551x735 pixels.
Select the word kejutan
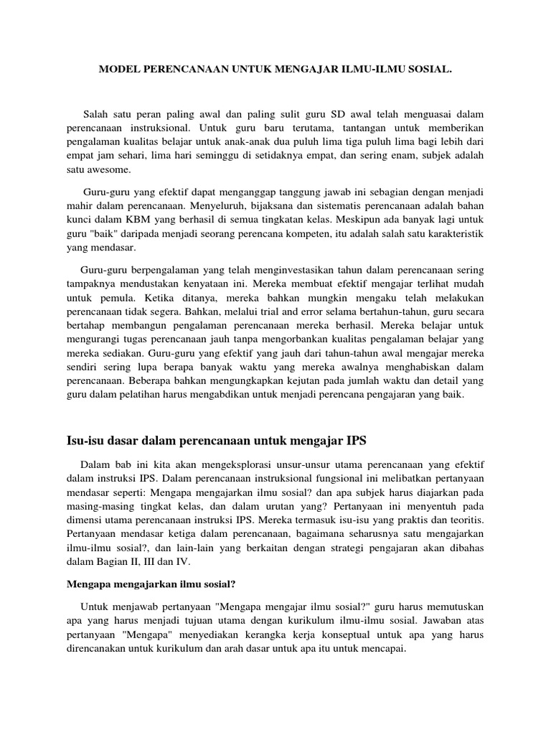[287, 382]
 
